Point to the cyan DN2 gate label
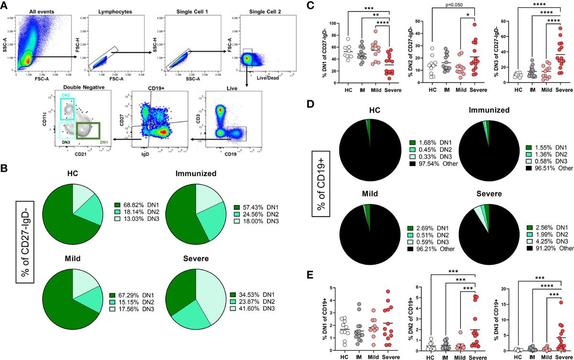[66, 96]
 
